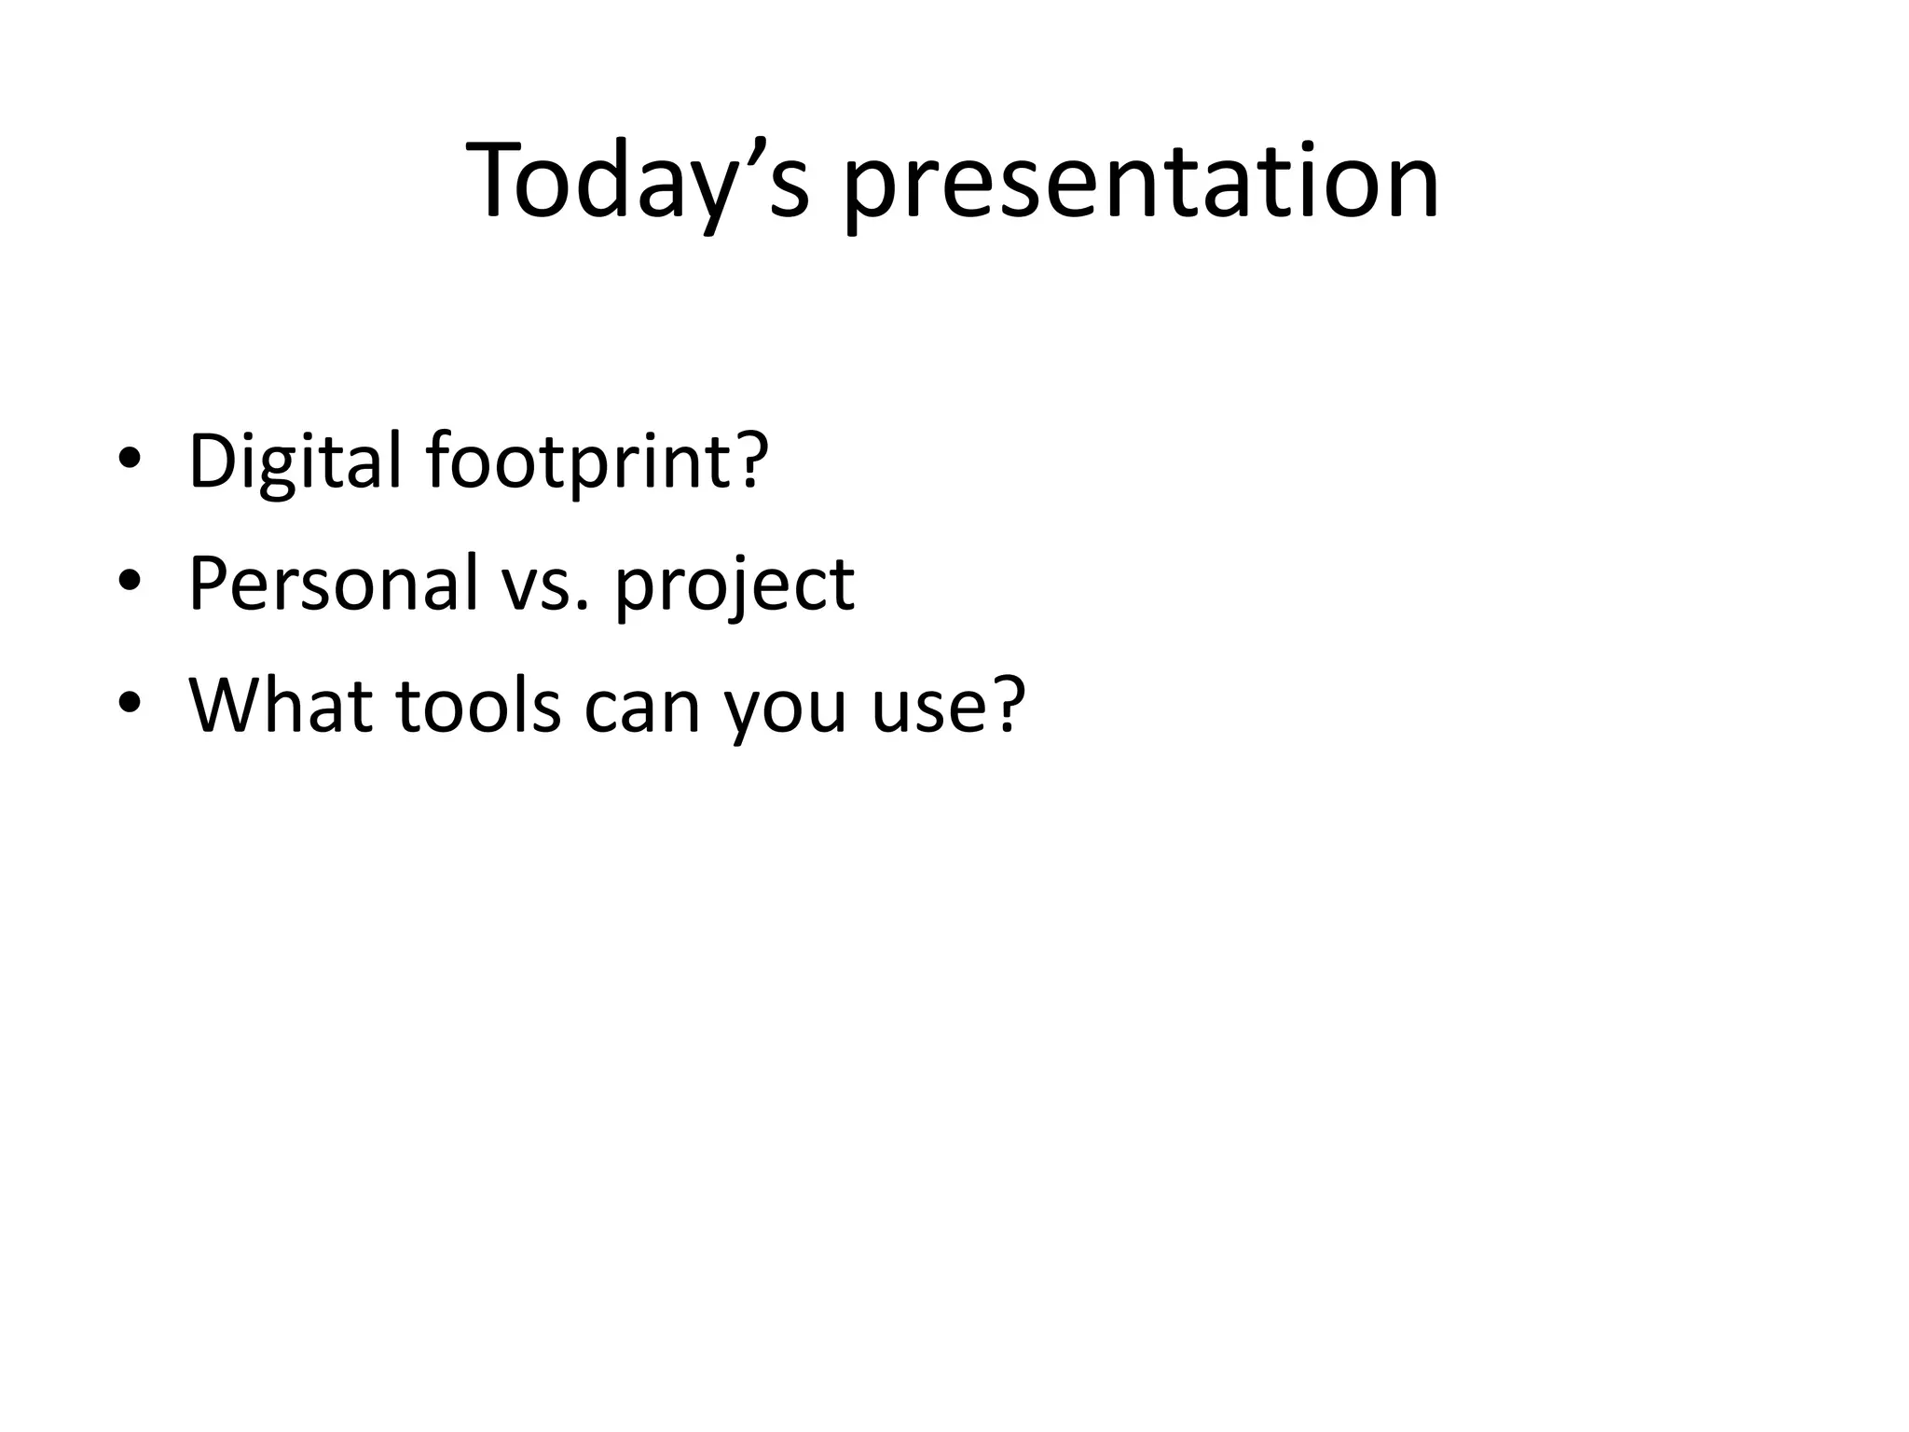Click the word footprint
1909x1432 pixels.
578,461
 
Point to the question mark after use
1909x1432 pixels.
1006,704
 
